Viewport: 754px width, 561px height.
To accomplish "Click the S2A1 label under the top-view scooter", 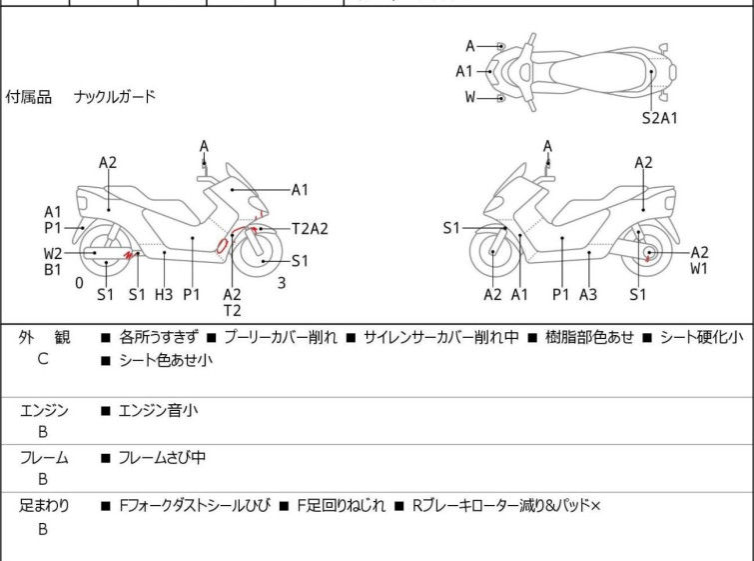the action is pos(660,118).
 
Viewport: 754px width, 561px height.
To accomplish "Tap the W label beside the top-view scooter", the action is pos(470,97).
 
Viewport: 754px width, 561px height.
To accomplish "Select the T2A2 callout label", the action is pos(311,229).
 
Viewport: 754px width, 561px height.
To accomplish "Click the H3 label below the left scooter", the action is pos(164,294).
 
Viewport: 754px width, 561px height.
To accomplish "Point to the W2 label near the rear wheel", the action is pos(53,253).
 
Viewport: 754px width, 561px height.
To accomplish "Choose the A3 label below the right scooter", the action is pos(588,294).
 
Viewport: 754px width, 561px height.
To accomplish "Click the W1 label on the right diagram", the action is pos(699,269).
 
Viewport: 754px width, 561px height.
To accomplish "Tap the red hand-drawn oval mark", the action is pos(221,246).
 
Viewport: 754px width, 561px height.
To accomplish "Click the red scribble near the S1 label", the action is pos(129,255).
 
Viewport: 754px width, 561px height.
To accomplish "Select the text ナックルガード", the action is pos(115,97).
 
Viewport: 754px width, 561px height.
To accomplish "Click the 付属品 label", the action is pos(28,97).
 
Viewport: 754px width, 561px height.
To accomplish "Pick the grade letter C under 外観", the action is pos(43,359).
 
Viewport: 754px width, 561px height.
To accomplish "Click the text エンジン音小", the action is pos(158,411).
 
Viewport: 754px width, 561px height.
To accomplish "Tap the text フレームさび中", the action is pos(162,457).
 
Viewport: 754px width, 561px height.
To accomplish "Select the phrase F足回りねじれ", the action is pos(341,506).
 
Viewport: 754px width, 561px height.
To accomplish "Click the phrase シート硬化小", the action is pos(702,337).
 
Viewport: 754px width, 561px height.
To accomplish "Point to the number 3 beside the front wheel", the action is pos(282,283).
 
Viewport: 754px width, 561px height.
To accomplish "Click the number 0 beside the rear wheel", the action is pos(79,283).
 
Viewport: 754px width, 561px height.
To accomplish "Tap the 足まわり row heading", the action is pos(44,506).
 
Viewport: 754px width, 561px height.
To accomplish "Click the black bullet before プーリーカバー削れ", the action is pos(211,338).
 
